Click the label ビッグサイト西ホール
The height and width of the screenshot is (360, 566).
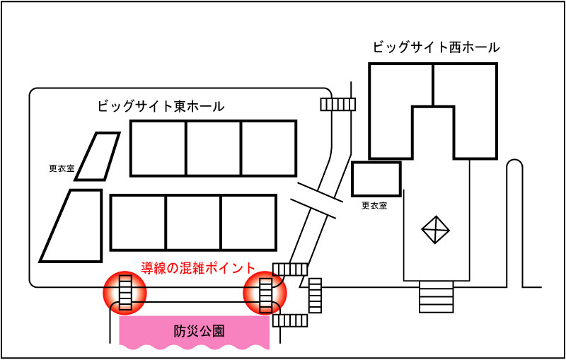point(436,47)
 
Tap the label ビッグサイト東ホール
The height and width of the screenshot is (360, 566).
point(161,107)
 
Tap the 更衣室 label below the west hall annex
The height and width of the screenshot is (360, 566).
point(374,206)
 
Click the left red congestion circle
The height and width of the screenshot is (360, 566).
point(125,292)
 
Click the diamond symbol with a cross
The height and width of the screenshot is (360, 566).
point(436,230)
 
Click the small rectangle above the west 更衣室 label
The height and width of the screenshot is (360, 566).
point(376,179)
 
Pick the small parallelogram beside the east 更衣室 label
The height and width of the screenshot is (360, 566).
point(98,156)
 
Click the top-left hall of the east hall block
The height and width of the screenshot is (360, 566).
point(158,148)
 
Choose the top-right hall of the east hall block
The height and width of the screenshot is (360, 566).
point(268,148)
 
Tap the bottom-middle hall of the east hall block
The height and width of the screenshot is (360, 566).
point(193,222)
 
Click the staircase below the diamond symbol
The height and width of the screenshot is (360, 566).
point(436,296)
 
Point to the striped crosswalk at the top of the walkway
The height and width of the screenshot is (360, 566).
point(337,104)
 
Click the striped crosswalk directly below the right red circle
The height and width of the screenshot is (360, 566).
point(290,320)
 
